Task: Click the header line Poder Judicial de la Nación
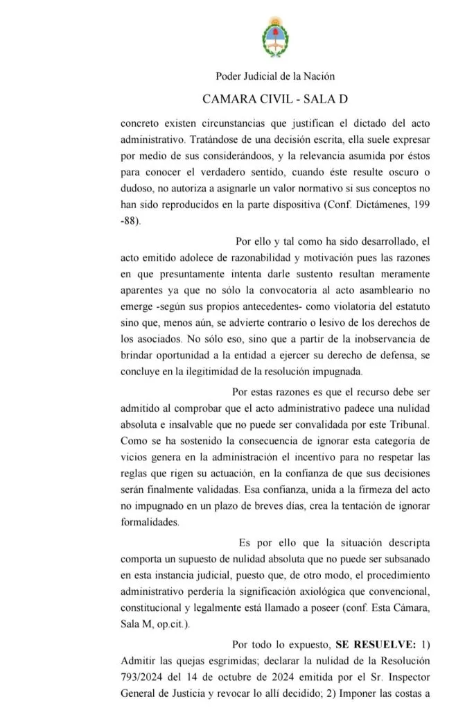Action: (x=275, y=76)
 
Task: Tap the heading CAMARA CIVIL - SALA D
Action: (x=275, y=99)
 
